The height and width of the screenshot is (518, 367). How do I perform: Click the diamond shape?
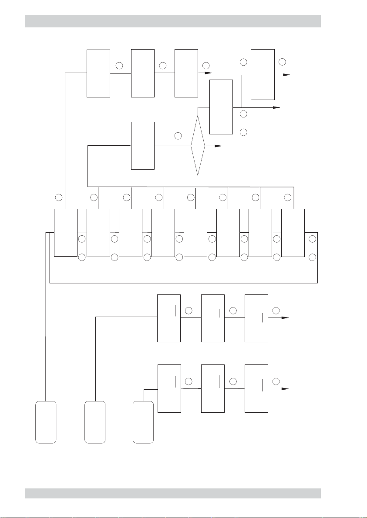(198, 146)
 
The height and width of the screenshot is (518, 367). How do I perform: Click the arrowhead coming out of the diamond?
(219, 146)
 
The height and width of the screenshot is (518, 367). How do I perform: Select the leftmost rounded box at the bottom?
(46, 422)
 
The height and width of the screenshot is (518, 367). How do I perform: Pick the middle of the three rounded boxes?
(95, 422)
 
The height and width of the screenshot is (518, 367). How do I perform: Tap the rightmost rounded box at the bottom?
(143, 422)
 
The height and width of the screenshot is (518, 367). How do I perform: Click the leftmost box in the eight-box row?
(65, 232)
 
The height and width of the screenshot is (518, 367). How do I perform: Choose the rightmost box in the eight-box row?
(293, 232)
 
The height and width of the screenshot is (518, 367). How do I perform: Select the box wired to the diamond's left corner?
(143, 146)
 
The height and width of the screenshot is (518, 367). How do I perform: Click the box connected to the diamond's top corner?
(221, 107)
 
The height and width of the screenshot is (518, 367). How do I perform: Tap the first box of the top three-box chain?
(98, 73)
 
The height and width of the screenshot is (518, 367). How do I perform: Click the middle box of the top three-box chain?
(143, 73)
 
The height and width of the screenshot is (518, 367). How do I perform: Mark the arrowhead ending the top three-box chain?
(208, 74)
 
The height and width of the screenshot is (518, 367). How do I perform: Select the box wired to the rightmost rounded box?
(169, 388)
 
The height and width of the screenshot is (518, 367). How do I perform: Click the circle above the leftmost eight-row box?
(59, 198)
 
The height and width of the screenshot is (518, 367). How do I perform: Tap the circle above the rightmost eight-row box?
(287, 198)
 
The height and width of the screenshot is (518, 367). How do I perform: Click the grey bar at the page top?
(173, 21)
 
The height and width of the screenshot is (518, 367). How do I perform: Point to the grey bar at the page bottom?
(173, 493)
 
